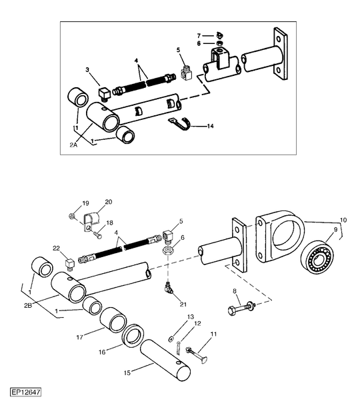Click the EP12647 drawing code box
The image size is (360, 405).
click(25, 392)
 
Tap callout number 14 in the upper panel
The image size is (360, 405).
click(211, 126)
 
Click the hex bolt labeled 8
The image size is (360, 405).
click(241, 307)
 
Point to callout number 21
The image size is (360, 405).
click(183, 304)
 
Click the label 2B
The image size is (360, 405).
click(28, 305)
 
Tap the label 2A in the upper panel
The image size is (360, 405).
click(73, 145)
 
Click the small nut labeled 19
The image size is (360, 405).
click(72, 215)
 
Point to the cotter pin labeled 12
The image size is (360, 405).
click(178, 348)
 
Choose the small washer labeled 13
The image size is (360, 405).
click(170, 338)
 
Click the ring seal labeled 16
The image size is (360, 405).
click(132, 336)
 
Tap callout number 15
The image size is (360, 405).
click(127, 373)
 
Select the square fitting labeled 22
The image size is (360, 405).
click(69, 264)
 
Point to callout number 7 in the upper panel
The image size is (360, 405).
click(199, 36)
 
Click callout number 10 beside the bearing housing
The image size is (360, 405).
click(343, 220)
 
